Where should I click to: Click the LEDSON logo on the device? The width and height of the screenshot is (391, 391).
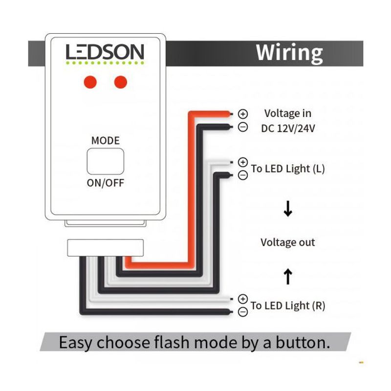click(105, 53)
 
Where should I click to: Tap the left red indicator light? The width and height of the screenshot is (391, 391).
click(89, 82)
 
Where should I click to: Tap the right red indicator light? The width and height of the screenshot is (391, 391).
click(120, 82)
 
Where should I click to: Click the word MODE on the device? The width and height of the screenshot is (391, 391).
click(105, 141)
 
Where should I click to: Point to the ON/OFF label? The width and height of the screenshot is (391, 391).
click(105, 183)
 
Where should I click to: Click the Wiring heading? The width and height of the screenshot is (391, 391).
click(289, 52)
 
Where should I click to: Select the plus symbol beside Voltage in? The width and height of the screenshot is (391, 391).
click(243, 114)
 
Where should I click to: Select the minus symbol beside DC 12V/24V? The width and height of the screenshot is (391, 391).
click(243, 127)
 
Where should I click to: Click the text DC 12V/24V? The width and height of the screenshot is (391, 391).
click(288, 128)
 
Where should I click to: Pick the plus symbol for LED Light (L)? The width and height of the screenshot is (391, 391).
click(243, 162)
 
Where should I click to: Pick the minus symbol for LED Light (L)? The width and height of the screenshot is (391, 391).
click(243, 175)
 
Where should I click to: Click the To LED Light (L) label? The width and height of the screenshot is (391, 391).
click(288, 169)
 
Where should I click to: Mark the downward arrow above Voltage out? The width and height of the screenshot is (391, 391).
click(288, 210)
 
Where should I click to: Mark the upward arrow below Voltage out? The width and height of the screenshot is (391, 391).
click(288, 277)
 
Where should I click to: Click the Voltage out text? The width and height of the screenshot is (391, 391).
click(288, 242)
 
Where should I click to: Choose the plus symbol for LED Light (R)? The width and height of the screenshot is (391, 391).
click(243, 298)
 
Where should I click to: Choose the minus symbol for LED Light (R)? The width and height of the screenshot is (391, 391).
click(243, 312)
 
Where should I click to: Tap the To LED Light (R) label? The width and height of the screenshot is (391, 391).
click(288, 306)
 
